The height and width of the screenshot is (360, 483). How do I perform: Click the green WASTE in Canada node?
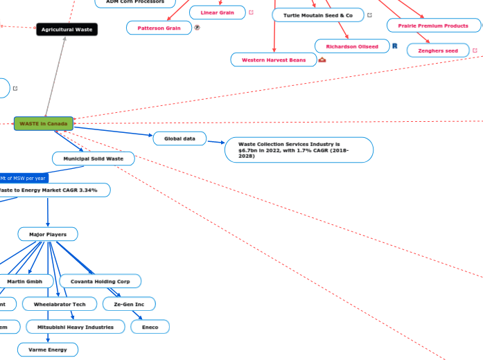point(44,124)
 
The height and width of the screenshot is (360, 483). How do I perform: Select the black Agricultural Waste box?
point(67,30)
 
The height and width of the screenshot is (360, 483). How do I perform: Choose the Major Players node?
point(48,235)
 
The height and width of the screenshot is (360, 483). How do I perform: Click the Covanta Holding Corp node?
point(100,282)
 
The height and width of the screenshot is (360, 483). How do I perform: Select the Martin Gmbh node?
point(26,282)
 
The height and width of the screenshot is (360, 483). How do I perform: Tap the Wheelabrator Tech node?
point(59,304)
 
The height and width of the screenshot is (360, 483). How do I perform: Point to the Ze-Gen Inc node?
point(129,304)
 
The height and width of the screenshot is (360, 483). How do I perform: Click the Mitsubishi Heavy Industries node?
point(76,326)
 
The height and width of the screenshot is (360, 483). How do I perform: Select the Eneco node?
point(150,327)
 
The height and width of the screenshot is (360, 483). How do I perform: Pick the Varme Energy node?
point(48,350)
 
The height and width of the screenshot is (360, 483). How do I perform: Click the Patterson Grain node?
point(159,28)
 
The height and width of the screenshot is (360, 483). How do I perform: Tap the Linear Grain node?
point(217,12)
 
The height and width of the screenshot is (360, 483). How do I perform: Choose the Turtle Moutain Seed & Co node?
point(318,15)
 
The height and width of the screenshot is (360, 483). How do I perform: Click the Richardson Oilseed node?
point(352,46)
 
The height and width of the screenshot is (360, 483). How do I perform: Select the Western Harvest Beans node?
point(273,60)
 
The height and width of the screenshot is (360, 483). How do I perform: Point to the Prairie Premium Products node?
point(433,26)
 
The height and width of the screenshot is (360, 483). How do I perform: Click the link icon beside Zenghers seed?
point(475,51)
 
